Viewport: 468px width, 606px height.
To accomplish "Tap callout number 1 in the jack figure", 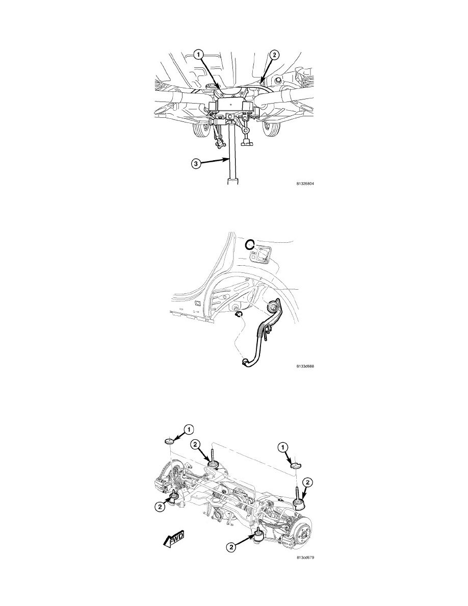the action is pos(199,55).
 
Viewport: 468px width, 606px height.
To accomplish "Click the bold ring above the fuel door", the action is pos(250,243).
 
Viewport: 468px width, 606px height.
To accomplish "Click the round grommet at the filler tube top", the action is pos(273,307).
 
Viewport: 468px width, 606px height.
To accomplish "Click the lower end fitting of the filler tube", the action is pos(244,361).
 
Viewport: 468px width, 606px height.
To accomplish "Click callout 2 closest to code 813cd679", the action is pos(231,547).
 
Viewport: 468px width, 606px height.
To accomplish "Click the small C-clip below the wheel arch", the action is pos(239,314).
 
